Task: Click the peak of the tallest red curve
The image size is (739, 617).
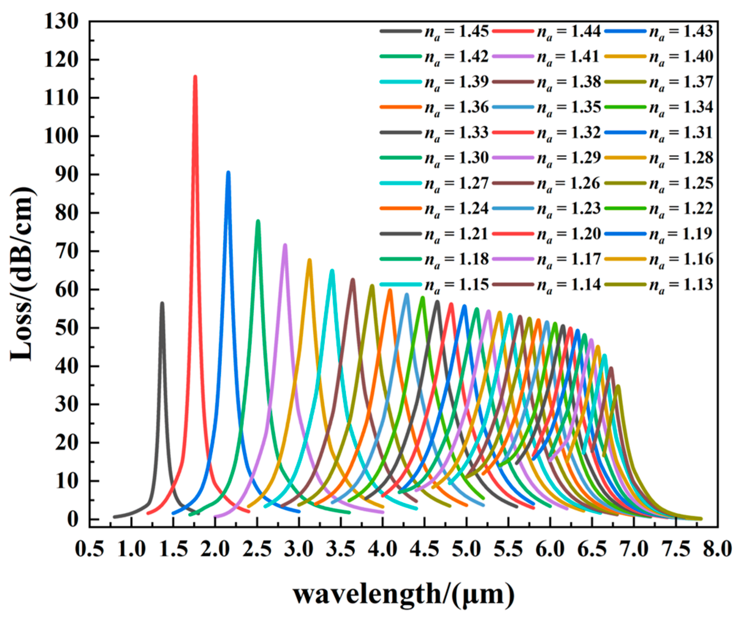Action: (x=195, y=77)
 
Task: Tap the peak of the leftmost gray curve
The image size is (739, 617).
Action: (x=162, y=303)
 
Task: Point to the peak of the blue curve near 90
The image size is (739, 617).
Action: (x=228, y=172)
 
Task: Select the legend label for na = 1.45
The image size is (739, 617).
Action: (x=456, y=31)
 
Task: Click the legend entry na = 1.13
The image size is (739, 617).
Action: (x=681, y=285)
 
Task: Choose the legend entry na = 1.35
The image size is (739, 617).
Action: (x=569, y=107)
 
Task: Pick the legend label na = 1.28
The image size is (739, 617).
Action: (x=681, y=158)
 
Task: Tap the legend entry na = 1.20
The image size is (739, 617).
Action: (x=569, y=234)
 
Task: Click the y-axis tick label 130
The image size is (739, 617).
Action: (x=61, y=22)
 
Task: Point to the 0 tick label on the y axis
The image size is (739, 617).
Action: (x=73, y=519)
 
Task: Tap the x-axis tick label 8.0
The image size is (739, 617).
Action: (x=717, y=549)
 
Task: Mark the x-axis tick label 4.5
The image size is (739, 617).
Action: (x=424, y=549)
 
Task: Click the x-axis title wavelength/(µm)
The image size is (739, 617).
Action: (x=404, y=594)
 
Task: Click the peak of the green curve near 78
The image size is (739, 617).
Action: (x=258, y=221)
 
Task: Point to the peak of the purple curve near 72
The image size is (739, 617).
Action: (x=285, y=245)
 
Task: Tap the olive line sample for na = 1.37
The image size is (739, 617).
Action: (x=625, y=82)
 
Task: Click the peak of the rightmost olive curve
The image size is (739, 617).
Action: (x=618, y=386)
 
